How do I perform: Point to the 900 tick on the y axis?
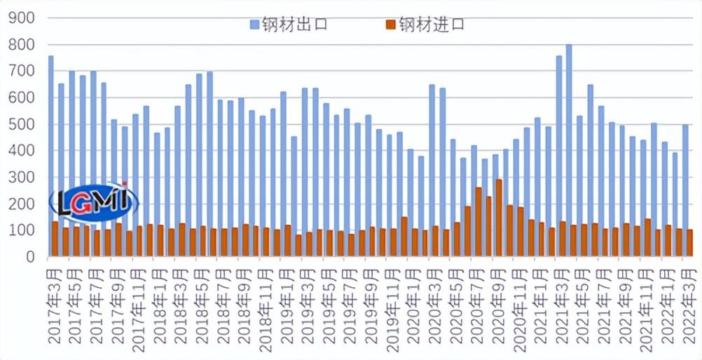21,18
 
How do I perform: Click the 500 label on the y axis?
21,125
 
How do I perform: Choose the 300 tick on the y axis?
21,178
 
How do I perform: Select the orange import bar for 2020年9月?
499,217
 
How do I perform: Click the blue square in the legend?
254,25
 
